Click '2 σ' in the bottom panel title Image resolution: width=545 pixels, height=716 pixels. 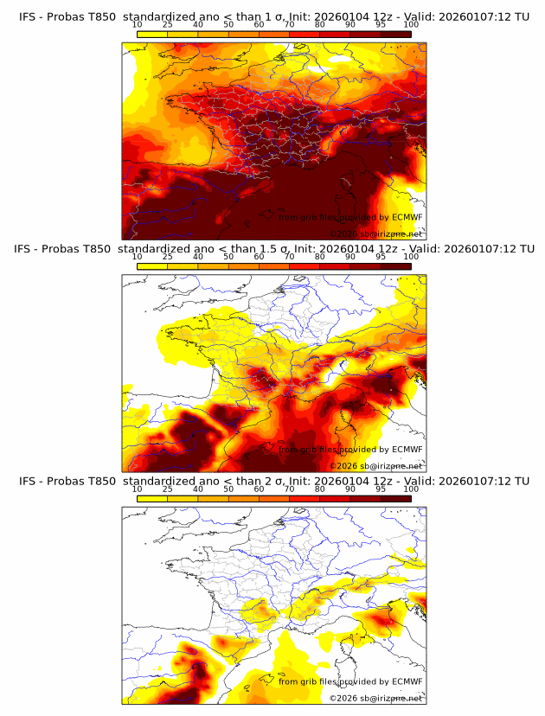coord(274,481)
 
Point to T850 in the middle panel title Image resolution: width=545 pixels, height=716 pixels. coord(100,249)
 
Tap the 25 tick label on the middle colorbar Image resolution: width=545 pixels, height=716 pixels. coord(168,258)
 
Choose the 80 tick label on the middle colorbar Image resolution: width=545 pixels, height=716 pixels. coord(320,258)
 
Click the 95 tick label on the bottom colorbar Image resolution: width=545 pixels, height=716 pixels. coord(381,489)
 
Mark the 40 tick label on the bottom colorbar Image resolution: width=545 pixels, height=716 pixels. coord(198,489)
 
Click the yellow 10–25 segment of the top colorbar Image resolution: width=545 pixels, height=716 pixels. coord(152,34)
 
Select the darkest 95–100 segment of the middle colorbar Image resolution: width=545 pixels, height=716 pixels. coord(395,265)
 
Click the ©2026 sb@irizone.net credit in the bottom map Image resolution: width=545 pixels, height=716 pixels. coord(375,698)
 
